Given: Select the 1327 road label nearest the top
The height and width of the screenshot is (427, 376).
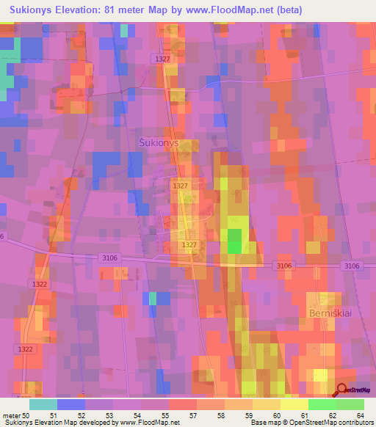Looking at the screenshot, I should [163, 58].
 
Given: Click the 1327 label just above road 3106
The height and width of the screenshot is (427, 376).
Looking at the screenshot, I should [189, 244].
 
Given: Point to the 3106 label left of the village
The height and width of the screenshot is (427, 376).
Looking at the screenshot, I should [111, 256].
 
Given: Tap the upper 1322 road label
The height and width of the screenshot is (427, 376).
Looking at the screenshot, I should [40, 283].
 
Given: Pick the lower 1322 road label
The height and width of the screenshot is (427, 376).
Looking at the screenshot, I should [24, 349].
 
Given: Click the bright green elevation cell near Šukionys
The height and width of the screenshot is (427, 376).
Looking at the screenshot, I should [234, 241].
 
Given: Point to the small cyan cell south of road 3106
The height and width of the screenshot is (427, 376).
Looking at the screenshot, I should [153, 297].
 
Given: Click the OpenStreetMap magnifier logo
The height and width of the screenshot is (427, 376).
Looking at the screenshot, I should [342, 392].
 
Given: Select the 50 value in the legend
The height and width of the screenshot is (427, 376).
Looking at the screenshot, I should [26, 415].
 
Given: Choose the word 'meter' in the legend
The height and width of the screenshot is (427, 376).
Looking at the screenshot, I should [12, 415].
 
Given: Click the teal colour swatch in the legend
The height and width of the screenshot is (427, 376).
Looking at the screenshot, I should [43, 404].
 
